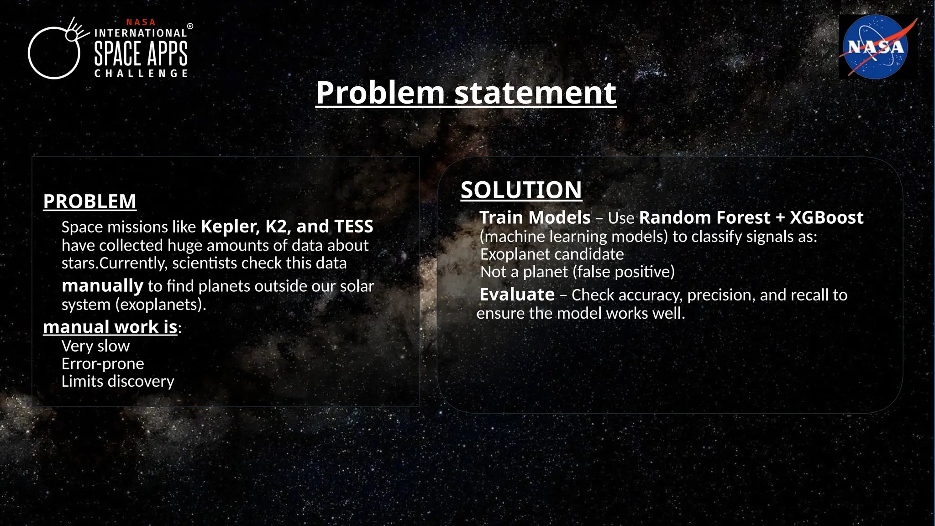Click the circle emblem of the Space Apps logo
pos(54,53)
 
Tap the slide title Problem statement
pos(466,93)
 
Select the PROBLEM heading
pos(89,201)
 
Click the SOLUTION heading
pos(521,190)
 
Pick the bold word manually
pos(102,286)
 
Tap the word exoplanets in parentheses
pos(160,305)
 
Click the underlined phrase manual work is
pos(110,327)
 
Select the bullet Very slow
pos(95,346)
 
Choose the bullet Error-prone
pos(103,364)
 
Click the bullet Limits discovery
pos(118,381)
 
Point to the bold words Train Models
pos(535,218)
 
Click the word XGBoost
pos(826,218)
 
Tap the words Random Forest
pos(704,218)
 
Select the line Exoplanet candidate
pos(552,254)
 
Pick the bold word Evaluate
pos(517,295)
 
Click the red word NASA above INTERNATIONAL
pos(141,22)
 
